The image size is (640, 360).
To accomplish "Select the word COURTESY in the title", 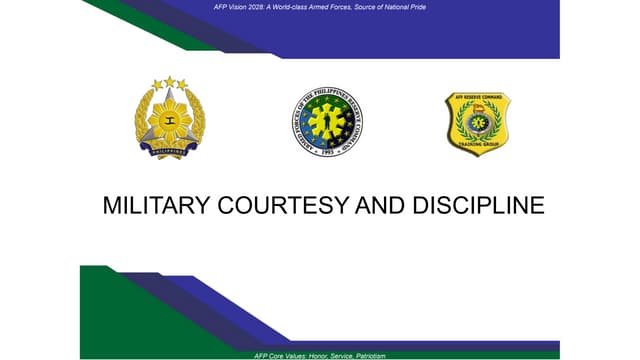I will [275, 207].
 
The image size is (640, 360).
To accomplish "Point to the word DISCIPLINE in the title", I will [473, 207].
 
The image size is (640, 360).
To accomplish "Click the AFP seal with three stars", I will [170, 119].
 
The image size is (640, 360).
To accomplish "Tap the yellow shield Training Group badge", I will [477, 122].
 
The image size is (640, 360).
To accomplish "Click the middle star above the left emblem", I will [170, 81].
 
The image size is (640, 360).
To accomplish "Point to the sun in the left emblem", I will [170, 120].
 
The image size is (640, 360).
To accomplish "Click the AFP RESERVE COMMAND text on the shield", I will [477, 99].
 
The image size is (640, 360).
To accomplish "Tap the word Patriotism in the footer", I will [367, 354].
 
